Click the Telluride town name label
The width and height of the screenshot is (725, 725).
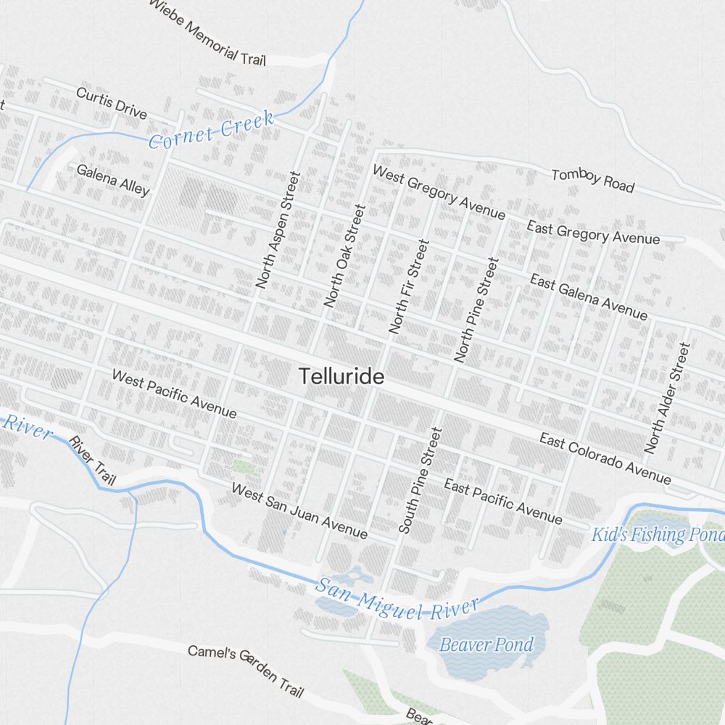coord(341,377)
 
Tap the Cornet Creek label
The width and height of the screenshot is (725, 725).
coord(211,129)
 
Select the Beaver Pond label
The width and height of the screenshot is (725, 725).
coord(486,645)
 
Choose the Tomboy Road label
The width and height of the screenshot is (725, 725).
coord(592,181)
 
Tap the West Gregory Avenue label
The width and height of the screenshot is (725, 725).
coord(439,192)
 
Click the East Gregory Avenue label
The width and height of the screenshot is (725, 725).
coord(593,233)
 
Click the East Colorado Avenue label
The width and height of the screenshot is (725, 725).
coord(605,458)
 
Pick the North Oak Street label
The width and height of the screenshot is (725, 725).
coord(344,255)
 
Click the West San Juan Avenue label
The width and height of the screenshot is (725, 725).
coord(299,511)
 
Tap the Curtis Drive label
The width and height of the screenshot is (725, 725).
coord(112,103)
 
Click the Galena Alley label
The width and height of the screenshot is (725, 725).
coord(113,180)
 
